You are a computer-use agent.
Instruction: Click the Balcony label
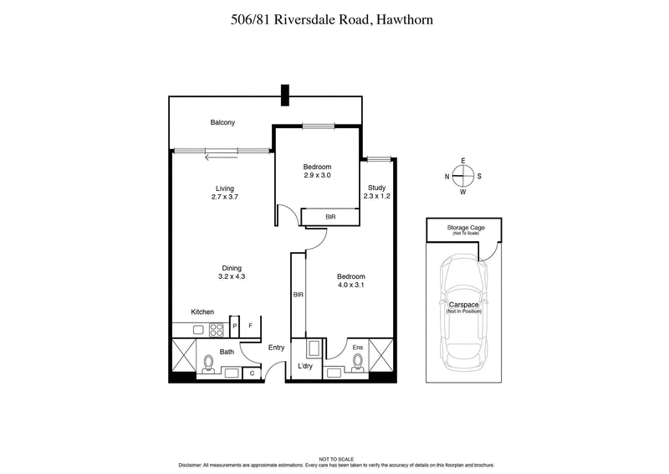222,123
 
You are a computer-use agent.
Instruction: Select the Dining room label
232,268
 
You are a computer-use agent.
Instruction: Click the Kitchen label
203,312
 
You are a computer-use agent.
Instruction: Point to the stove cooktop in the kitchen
216,329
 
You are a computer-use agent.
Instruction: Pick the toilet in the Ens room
358,363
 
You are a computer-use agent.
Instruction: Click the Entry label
277,348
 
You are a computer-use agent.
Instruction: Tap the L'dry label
306,367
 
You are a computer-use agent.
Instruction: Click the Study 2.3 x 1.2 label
376,192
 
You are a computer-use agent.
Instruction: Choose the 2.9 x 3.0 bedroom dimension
317,176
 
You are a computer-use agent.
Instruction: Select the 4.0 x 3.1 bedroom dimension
352,286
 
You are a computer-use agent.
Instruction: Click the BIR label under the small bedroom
330,217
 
